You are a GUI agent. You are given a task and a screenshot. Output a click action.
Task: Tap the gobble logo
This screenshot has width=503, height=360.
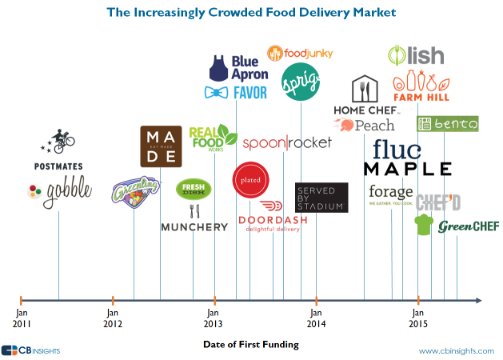(58, 191)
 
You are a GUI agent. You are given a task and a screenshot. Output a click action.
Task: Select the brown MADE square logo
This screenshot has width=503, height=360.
(160, 146)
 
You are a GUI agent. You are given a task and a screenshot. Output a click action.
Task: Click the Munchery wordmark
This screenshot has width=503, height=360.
(194, 227)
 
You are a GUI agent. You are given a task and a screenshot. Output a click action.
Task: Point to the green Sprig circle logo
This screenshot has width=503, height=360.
(299, 80)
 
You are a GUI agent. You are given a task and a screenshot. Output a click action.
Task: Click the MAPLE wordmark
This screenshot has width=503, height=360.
(408, 169)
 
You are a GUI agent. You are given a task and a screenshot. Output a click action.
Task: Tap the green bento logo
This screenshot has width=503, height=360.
(448, 123)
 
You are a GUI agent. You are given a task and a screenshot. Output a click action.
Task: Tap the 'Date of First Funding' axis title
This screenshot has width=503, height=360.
(250, 345)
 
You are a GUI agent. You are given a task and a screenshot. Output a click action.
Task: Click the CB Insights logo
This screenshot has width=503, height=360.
(31, 350)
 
